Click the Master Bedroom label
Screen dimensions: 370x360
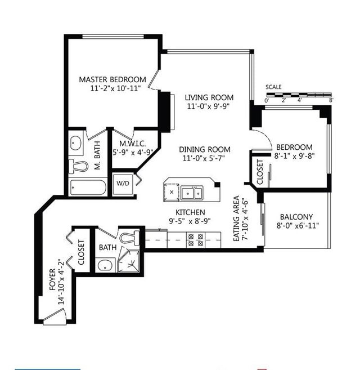tap(112, 79)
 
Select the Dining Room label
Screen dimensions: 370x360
tap(205, 149)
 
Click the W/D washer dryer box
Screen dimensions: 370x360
tap(123, 184)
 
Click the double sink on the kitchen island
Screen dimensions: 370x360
tap(192, 193)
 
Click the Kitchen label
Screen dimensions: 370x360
tap(190, 212)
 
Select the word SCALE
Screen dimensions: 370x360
tap(274, 87)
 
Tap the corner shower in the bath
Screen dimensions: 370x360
tap(128, 259)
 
